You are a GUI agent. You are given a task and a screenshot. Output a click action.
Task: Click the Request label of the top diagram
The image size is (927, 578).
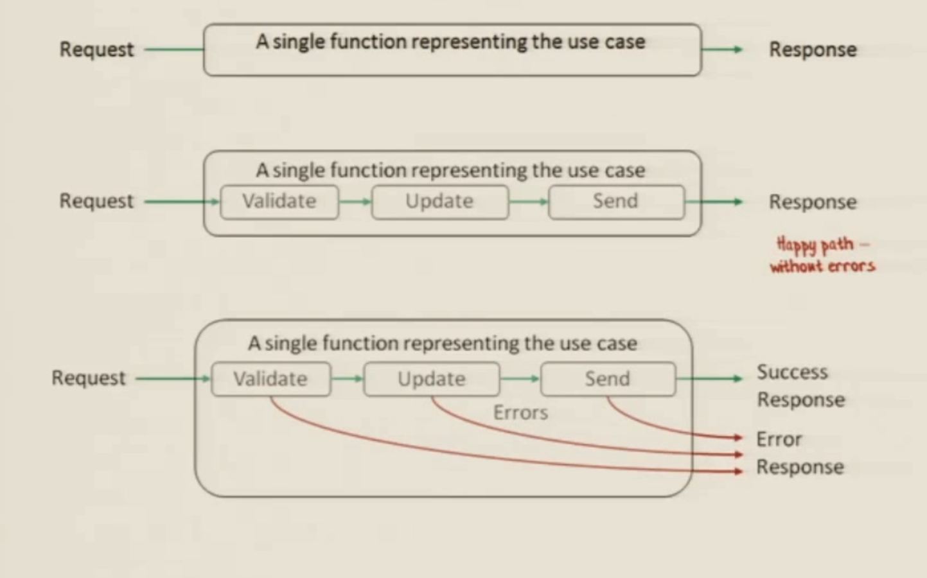pyautogui.click(x=96, y=49)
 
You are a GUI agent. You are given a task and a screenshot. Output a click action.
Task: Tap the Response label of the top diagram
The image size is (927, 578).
pyautogui.click(x=813, y=49)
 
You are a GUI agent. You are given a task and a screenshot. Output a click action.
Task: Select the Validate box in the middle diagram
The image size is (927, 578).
pyautogui.click(x=279, y=202)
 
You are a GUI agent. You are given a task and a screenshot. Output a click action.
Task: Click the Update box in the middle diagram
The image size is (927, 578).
pyautogui.click(x=439, y=202)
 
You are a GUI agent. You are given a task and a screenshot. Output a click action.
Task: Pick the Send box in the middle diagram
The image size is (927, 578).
pyautogui.click(x=616, y=202)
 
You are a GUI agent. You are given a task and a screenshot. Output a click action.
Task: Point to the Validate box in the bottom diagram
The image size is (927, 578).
pyautogui.click(x=270, y=379)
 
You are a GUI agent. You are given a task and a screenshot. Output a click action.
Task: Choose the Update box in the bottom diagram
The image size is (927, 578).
pyautogui.click(x=431, y=379)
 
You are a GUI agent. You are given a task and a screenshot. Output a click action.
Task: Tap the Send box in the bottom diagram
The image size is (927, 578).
pyautogui.click(x=608, y=379)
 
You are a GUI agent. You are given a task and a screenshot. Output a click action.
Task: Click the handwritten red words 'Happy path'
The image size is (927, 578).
pyautogui.click(x=815, y=245)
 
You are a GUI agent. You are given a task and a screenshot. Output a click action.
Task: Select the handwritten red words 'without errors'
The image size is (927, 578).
pyautogui.click(x=822, y=266)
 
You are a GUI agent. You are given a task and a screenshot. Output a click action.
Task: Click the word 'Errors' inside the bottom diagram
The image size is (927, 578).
pyautogui.click(x=520, y=412)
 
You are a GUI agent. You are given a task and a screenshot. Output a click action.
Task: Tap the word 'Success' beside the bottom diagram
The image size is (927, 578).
pyautogui.click(x=792, y=372)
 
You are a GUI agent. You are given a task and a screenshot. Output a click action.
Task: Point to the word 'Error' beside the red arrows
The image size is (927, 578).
pyautogui.click(x=779, y=439)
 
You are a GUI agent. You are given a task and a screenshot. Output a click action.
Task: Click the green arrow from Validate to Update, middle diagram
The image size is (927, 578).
pyautogui.click(x=355, y=202)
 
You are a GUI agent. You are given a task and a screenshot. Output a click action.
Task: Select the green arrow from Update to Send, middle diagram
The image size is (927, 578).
pyautogui.click(x=528, y=202)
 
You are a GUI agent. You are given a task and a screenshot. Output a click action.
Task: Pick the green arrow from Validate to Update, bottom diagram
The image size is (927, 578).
pyautogui.click(x=348, y=379)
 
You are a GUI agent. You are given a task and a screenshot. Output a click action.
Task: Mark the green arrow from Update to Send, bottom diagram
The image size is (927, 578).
pyautogui.click(x=520, y=379)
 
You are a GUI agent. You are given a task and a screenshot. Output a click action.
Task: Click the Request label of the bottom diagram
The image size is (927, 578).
pyautogui.click(x=89, y=378)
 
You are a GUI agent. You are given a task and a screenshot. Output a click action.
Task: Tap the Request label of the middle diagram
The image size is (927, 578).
pyautogui.click(x=96, y=201)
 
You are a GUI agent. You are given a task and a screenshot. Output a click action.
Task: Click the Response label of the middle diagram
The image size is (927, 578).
pyautogui.click(x=813, y=202)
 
